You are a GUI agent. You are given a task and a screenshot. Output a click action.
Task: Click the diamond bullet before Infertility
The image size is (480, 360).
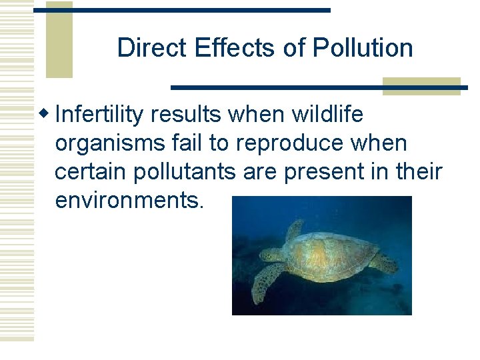coord(47,115)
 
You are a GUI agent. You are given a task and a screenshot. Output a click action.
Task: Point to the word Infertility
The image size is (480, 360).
coord(100,115)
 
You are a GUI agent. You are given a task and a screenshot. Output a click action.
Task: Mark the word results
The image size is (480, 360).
coord(186,115)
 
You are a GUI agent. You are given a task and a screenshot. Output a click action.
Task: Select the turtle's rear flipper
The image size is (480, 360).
coord(385,262)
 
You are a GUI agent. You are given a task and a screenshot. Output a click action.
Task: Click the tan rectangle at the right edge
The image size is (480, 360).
coord(421,87)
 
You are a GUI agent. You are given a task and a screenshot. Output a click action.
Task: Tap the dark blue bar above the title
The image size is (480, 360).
coord(181,10)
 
